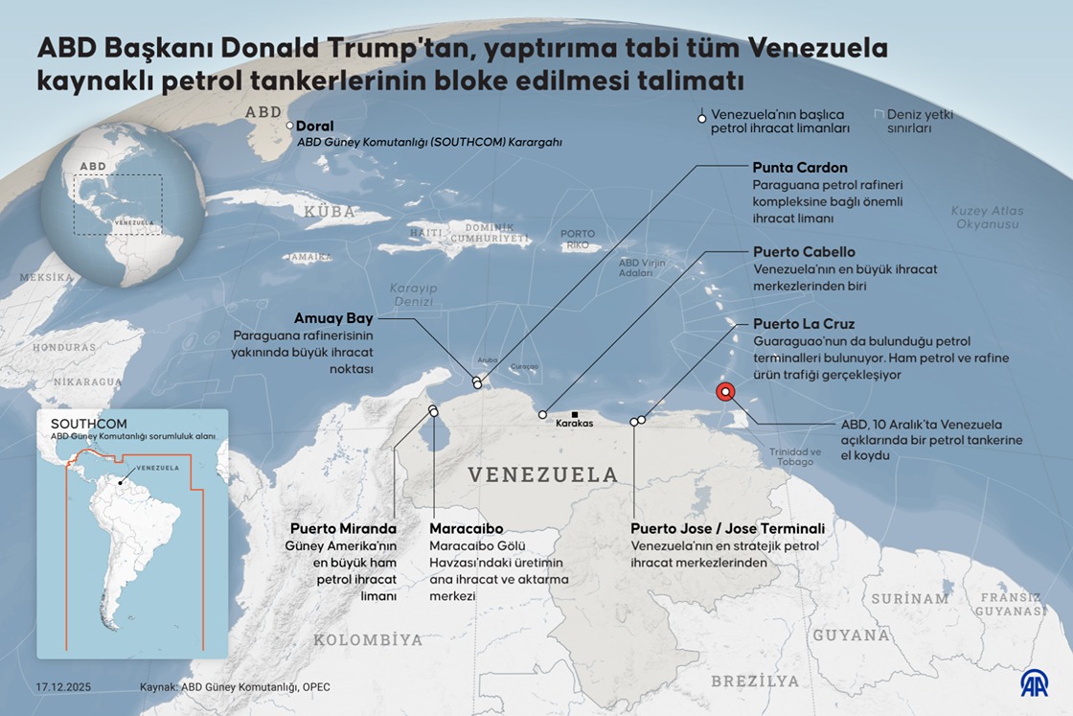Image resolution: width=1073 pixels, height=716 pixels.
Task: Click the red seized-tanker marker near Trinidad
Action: tap(725, 391)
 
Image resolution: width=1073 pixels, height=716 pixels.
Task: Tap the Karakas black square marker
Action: tap(574, 414)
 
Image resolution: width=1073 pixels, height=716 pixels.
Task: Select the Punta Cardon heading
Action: tap(799, 168)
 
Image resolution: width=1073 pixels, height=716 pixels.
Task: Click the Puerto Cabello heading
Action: tap(804, 252)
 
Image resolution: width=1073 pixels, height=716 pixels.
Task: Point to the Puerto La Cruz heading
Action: tap(803, 324)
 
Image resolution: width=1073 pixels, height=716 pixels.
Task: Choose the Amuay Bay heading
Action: tap(334, 318)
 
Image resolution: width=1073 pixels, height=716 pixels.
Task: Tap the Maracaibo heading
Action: tap(467, 528)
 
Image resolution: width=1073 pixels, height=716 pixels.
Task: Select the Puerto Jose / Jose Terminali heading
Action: tap(727, 528)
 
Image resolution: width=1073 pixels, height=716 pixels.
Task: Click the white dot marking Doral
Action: tap(290, 126)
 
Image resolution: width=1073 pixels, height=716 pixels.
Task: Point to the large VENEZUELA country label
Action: tap(542, 474)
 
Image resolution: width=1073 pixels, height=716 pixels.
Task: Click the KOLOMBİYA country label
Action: tap(368, 639)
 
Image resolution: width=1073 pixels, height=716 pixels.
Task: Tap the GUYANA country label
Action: tap(851, 635)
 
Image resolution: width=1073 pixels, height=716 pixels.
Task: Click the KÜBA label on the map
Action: tap(330, 211)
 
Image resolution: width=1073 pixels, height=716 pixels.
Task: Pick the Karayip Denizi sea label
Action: tap(413, 294)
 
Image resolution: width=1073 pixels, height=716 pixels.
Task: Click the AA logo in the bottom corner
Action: tap(1033, 682)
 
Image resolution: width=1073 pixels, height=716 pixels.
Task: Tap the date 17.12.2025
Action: tap(64, 687)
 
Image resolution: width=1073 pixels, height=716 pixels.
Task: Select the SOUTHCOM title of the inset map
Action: tap(88, 424)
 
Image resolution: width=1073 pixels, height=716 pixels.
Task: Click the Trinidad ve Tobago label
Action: tap(795, 456)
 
